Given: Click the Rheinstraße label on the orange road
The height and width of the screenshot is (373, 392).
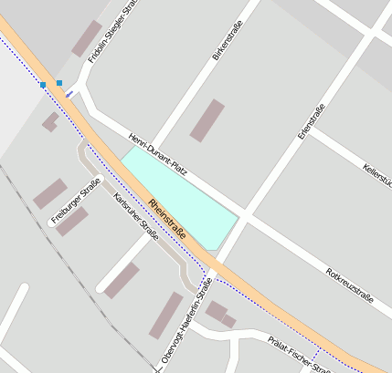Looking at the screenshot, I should [167, 219].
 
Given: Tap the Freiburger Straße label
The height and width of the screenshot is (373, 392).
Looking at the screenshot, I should [76, 201].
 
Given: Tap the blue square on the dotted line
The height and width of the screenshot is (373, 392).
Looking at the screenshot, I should [42, 85].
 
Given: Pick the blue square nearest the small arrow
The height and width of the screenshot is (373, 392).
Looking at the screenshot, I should [59, 83].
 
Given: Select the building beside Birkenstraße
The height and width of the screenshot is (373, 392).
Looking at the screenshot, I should [207, 120].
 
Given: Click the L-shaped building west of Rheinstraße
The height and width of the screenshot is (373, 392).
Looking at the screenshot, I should [50, 121].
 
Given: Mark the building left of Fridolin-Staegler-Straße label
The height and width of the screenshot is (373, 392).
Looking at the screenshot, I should [87, 38].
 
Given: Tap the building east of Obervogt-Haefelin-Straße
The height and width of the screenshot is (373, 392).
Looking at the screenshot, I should [219, 315].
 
